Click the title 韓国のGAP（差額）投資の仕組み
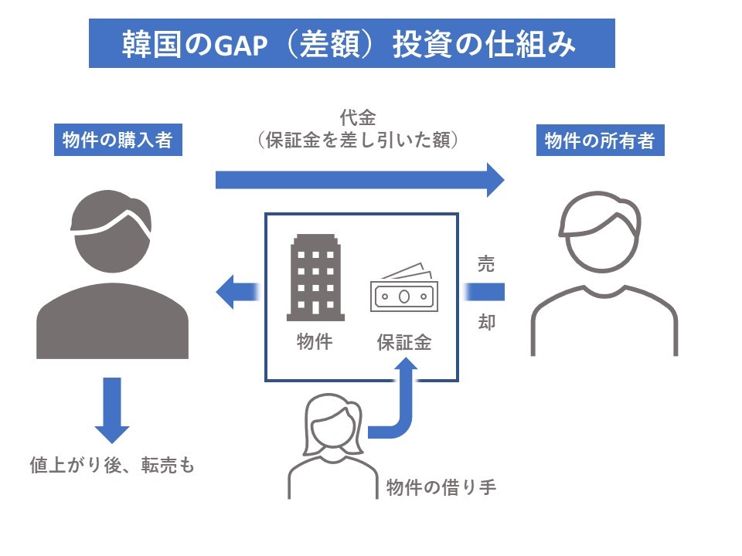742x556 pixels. coord(349,45)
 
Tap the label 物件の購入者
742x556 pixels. coord(117,140)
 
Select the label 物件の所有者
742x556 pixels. coord(600,141)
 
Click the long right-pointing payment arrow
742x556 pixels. coord(359,180)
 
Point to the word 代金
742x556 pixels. coord(358,117)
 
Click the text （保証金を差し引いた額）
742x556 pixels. coord(358,141)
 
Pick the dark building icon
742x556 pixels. coord(315,277)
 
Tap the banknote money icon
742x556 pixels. coord(404,287)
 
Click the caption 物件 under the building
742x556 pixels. coord(315,341)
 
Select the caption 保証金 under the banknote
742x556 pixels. coord(404,342)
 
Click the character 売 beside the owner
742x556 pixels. coord(486,264)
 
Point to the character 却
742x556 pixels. coord(486,322)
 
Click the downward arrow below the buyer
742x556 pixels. coord(112,410)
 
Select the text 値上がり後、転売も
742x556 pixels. coord(112,465)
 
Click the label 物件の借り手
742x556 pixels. coord(441,487)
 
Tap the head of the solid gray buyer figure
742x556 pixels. coord(111,231)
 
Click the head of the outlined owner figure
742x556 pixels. coord(599,232)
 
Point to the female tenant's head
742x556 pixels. coord(334,425)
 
